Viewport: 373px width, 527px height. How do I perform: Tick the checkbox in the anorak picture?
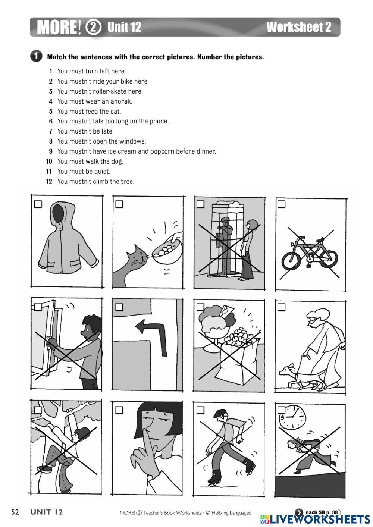pos(38,204)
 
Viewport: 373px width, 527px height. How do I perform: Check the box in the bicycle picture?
pos(281,204)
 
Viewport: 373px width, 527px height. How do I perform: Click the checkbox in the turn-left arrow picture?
pos(119,307)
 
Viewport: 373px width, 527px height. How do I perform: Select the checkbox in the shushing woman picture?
pos(119,410)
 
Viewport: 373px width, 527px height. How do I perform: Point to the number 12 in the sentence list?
pos(49,181)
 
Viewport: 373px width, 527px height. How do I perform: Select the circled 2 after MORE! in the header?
pos(93,28)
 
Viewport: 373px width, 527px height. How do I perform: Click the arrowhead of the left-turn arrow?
pos(142,327)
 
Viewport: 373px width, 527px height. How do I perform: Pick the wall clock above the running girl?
pos(293,417)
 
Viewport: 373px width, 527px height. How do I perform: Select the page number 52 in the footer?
pos(15,512)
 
